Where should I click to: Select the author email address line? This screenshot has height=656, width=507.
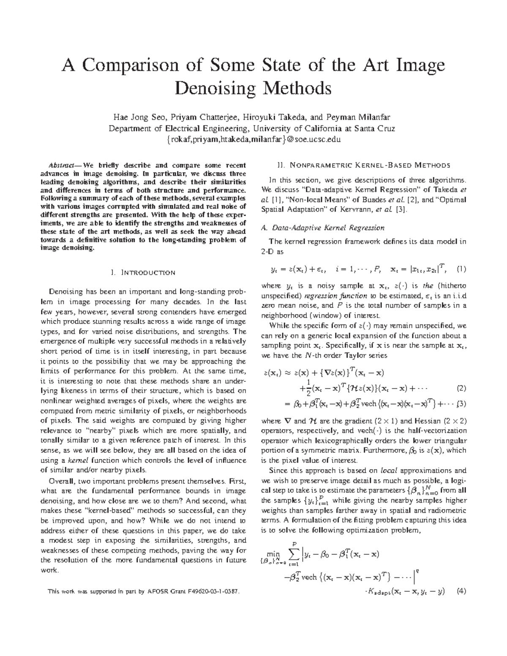pyautogui.click(x=253, y=139)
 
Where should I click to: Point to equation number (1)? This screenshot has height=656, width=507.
pyautogui.click(x=461, y=269)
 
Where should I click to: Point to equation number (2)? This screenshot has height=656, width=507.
pyautogui.click(x=461, y=388)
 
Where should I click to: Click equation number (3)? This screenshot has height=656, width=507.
pyautogui.click(x=461, y=403)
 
